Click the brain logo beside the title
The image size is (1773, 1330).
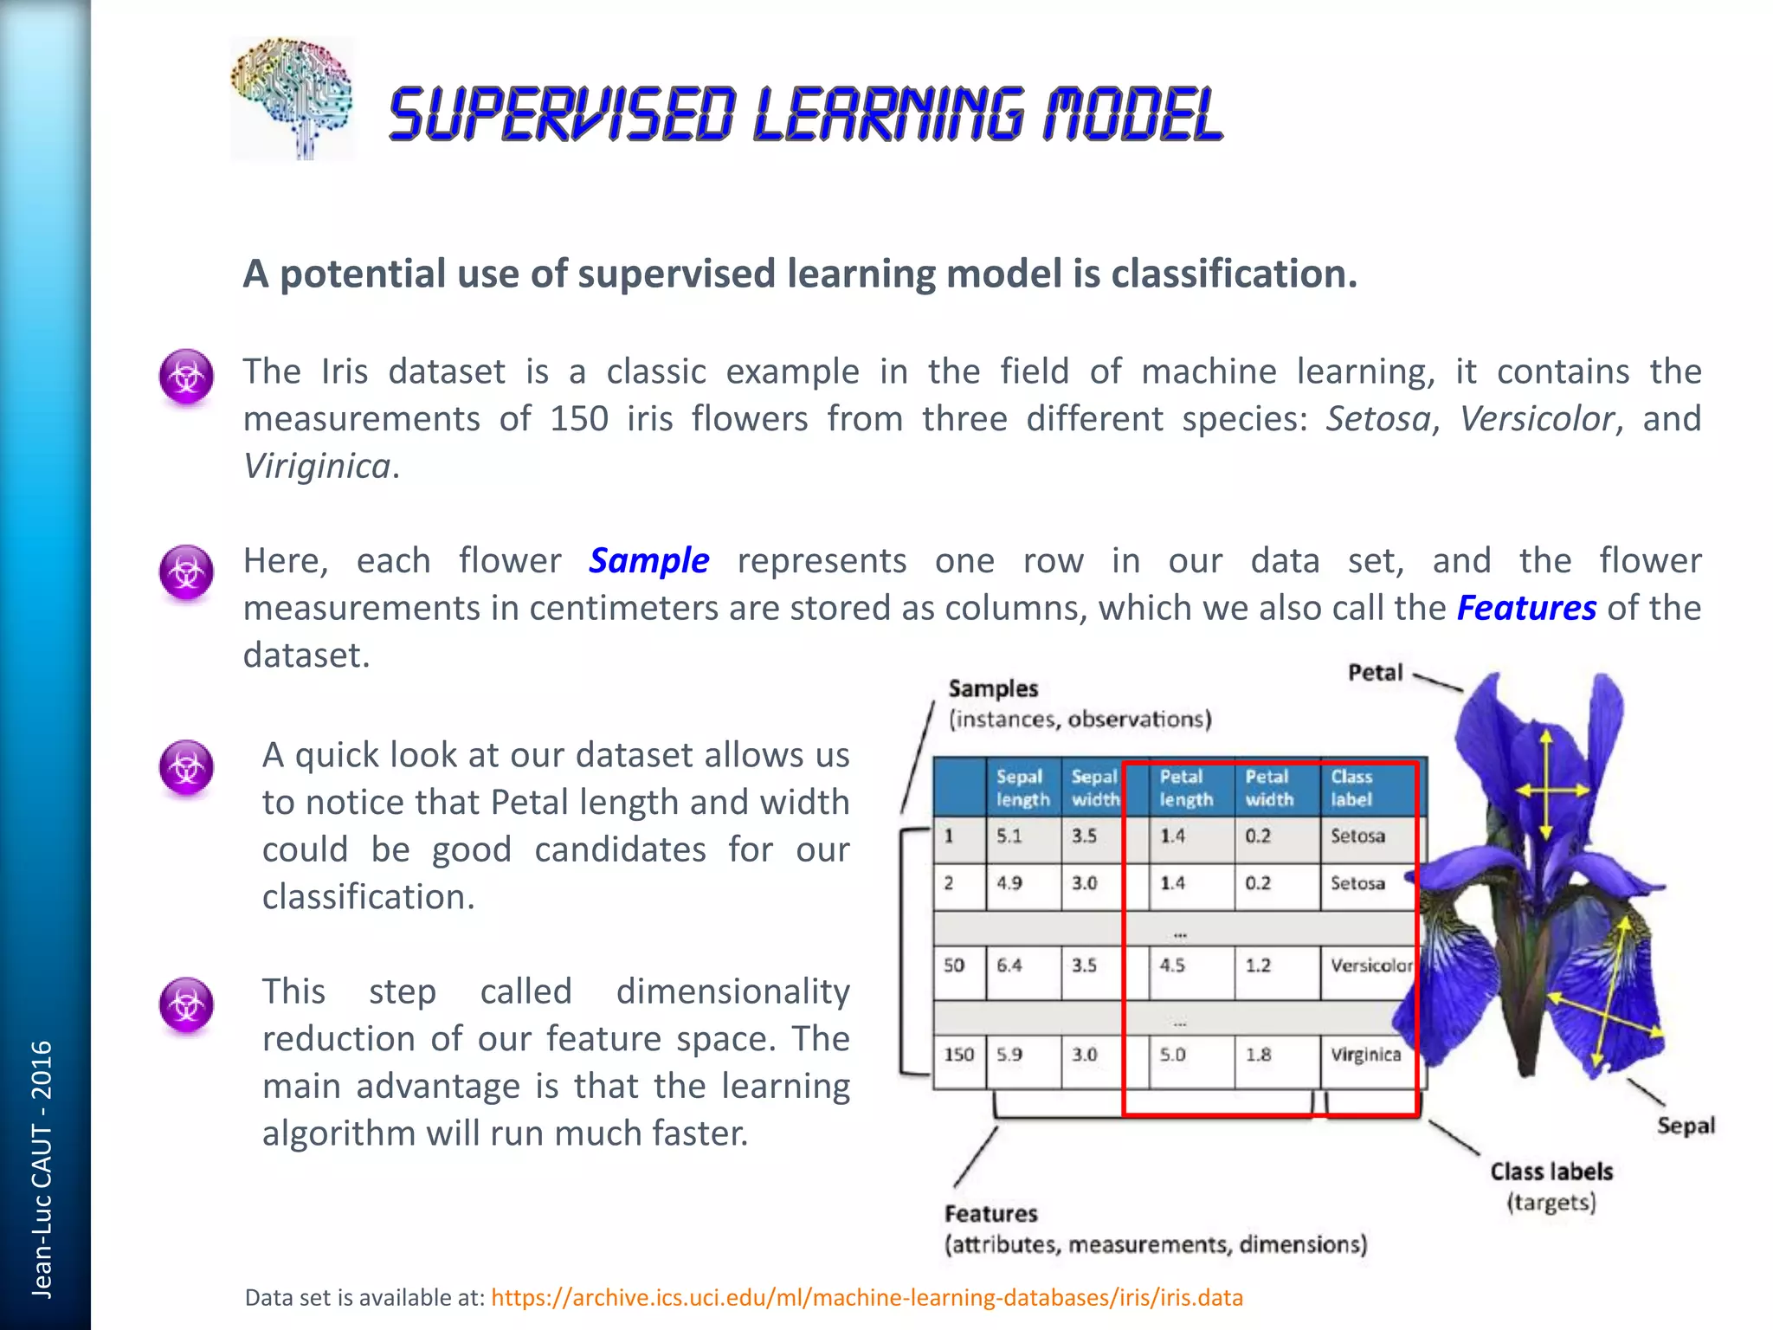292,99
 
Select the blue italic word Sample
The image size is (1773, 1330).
649,561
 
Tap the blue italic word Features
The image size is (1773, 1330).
1526,609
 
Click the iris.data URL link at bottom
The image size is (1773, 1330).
867,1297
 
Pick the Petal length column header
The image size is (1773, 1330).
1185,788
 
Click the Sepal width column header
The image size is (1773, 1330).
1094,788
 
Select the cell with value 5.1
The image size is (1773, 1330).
1009,836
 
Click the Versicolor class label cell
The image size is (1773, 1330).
1370,965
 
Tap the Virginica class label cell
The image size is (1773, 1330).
1365,1056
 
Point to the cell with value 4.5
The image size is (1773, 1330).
1172,965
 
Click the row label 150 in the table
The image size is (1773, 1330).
958,1056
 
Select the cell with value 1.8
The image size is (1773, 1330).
1258,1056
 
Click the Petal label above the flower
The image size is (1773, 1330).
1375,674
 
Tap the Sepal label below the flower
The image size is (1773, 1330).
1685,1126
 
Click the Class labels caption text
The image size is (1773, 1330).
1551,1172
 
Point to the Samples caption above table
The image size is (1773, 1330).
993,689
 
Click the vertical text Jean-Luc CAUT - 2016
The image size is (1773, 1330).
42,1169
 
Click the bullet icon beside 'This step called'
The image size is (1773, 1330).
186,1005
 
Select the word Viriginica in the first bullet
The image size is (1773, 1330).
317,467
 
